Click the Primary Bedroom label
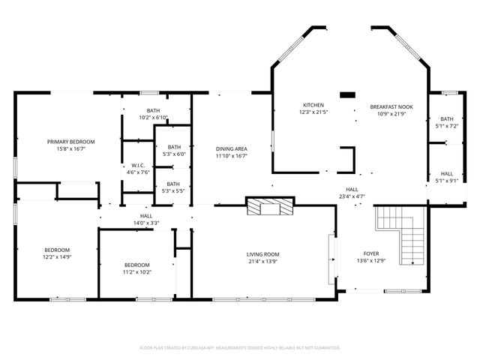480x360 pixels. click(x=71, y=142)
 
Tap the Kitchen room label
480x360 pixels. click(x=313, y=104)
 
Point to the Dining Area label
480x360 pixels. click(x=232, y=148)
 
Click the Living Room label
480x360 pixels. click(x=263, y=254)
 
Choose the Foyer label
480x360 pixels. click(x=372, y=253)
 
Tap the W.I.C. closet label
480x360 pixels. click(x=137, y=165)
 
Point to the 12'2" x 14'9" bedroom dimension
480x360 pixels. click(x=57, y=258)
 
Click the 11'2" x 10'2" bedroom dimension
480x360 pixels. click(x=137, y=272)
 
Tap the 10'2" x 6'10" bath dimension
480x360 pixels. click(x=153, y=118)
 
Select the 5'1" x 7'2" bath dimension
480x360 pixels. click(x=447, y=126)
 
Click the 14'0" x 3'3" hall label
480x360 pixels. click(x=146, y=223)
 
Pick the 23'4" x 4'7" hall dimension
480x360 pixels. click(x=352, y=196)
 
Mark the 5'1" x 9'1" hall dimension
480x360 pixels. click(x=447, y=180)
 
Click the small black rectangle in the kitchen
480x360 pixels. click(x=347, y=95)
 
